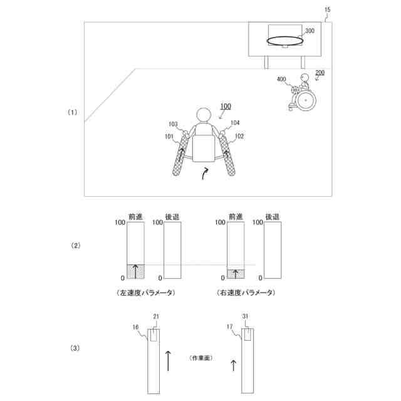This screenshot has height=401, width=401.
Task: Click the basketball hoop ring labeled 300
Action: coord(284,42)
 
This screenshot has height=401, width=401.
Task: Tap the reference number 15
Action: coord(328,10)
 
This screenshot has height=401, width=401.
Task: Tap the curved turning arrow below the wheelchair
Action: coord(205,174)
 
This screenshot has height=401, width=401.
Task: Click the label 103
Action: coord(174,123)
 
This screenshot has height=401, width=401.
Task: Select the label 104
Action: coord(235,123)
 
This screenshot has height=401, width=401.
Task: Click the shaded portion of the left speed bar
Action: coord(136,271)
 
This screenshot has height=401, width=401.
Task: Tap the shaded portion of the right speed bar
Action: coord(236,273)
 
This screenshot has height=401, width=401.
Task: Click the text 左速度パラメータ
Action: coord(145,293)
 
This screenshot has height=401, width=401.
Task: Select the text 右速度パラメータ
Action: coord(244,293)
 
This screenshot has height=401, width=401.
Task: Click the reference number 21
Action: coord(156,316)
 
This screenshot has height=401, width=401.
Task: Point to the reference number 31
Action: coord(246,316)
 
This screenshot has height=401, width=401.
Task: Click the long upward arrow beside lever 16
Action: coord(168,362)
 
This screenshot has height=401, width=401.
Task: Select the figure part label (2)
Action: coord(75,246)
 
